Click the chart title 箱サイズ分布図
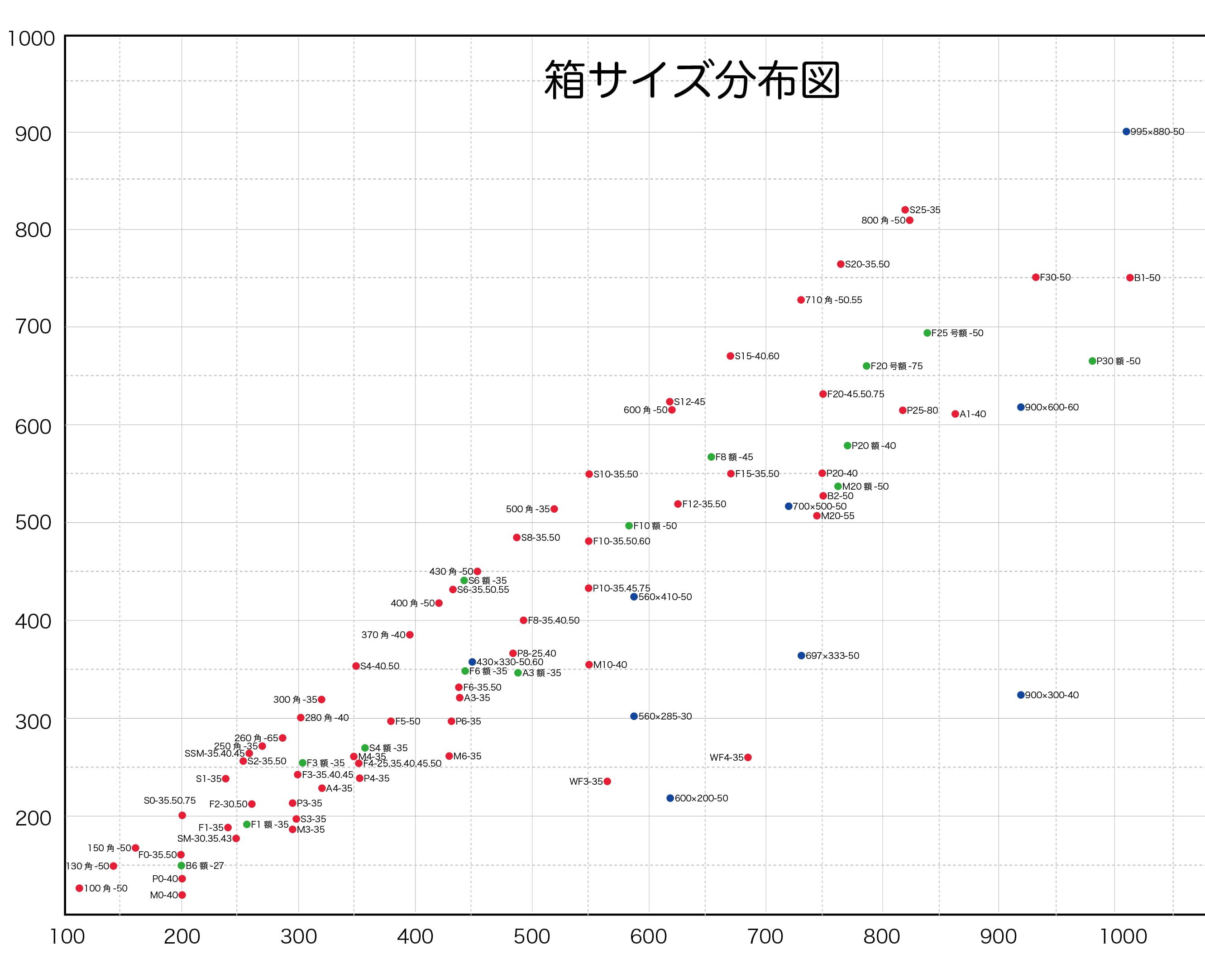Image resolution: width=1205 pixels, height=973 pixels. pyautogui.click(x=692, y=80)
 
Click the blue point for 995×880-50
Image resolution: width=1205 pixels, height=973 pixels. pyautogui.click(x=1126, y=132)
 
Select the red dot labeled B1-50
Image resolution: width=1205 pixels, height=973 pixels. pyautogui.click(x=1130, y=278)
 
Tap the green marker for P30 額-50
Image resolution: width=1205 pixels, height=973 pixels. pyautogui.click(x=1092, y=361)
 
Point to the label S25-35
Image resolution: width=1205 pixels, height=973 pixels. pyautogui.click(x=925, y=210)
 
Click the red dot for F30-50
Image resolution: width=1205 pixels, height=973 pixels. pyautogui.click(x=1036, y=277)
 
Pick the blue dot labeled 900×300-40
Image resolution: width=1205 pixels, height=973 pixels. pyautogui.click(x=1021, y=695)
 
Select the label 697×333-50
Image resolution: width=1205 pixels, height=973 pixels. pyautogui.click(x=832, y=656)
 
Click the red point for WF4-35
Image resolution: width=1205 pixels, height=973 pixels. pyautogui.click(x=748, y=757)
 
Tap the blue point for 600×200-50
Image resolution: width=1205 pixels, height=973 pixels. pyautogui.click(x=670, y=798)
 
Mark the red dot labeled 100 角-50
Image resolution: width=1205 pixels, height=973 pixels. pyautogui.click(x=80, y=888)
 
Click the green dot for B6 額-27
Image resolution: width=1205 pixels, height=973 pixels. pyautogui.click(x=182, y=865)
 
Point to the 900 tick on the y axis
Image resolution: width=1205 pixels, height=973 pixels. pyautogui.click(x=33, y=134)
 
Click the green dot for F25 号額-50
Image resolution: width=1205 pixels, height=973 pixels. pyautogui.click(x=927, y=333)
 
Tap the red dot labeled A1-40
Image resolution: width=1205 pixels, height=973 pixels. pyautogui.click(x=955, y=414)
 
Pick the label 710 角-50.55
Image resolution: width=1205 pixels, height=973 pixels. pyautogui.click(x=833, y=300)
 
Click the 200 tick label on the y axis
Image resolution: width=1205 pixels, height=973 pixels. pyautogui.click(x=33, y=818)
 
